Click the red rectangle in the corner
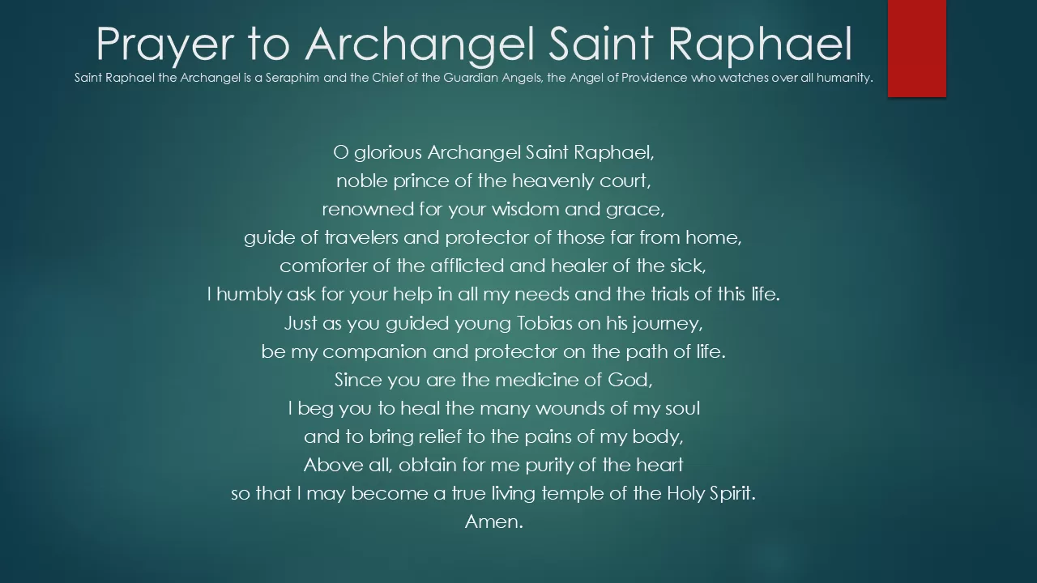(x=916, y=48)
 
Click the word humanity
(x=844, y=79)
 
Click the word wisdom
(x=526, y=209)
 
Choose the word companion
(x=374, y=352)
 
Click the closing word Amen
(x=494, y=522)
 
